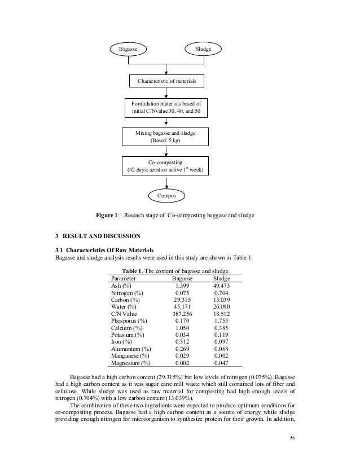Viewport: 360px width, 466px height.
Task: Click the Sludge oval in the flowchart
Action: tap(203, 50)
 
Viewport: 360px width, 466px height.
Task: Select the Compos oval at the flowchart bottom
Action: tap(166, 195)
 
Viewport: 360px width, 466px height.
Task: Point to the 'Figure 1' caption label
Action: tap(107, 216)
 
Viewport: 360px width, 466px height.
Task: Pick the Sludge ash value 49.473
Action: tap(225, 286)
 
